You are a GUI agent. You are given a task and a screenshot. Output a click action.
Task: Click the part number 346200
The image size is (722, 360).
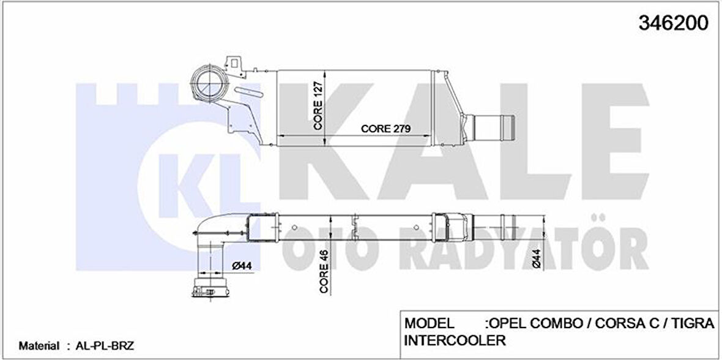[x=673, y=23]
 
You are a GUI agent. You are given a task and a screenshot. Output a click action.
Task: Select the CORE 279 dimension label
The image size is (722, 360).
[x=385, y=129]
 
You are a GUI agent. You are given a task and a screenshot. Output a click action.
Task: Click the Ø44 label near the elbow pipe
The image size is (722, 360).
[x=244, y=265]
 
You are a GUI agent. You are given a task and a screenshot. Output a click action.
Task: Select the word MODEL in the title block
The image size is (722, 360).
[x=429, y=323]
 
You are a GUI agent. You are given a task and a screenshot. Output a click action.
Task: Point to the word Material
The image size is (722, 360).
[x=39, y=346]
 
